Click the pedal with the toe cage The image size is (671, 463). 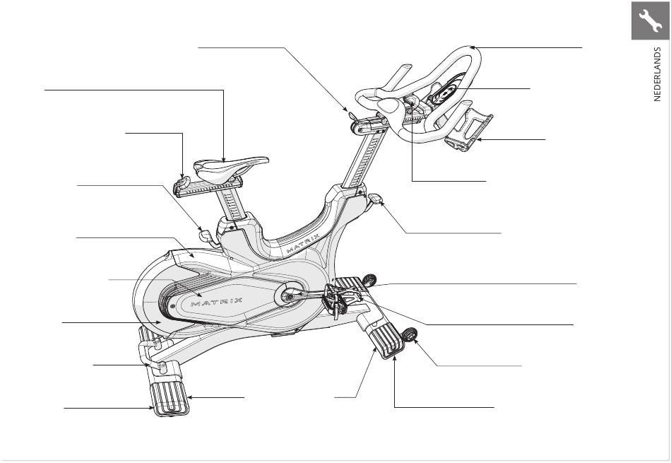point(338,300)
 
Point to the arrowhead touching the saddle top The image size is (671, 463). point(225,159)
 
